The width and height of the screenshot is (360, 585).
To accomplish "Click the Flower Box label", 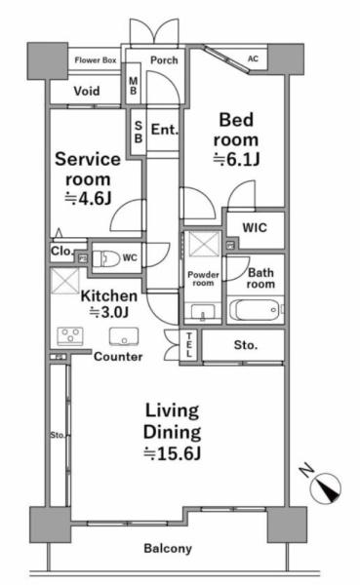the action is click(x=96, y=60).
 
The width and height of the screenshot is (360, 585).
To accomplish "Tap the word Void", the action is click(x=87, y=91).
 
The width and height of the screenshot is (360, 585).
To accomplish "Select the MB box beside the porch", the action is click(x=134, y=86).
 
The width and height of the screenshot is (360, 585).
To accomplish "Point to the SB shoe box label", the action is click(x=139, y=132).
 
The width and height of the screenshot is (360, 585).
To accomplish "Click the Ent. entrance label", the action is click(x=165, y=130).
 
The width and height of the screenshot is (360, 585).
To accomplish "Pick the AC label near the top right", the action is click(x=253, y=58).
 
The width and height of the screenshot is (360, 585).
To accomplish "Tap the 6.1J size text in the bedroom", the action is click(x=236, y=160).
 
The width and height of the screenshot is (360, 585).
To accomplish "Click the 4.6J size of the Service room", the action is click(x=88, y=198).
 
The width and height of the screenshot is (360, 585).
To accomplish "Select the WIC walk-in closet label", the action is click(x=255, y=227).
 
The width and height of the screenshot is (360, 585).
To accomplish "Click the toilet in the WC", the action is click(x=105, y=258).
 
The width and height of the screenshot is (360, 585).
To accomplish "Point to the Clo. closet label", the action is click(x=62, y=252).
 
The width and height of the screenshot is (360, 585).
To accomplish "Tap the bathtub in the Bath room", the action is click(x=256, y=310).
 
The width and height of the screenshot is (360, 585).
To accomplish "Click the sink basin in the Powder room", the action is click(x=203, y=312).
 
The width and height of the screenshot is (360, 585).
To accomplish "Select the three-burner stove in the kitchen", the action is click(x=70, y=336).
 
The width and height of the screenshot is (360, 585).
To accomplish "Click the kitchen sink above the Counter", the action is click(x=124, y=336).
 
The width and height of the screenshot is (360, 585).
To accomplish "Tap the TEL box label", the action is click(x=189, y=344).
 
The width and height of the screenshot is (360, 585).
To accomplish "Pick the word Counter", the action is click(x=118, y=357).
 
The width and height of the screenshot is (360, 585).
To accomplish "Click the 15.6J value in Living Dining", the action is click(x=173, y=453).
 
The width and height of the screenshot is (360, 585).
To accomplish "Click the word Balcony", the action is click(x=168, y=548).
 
